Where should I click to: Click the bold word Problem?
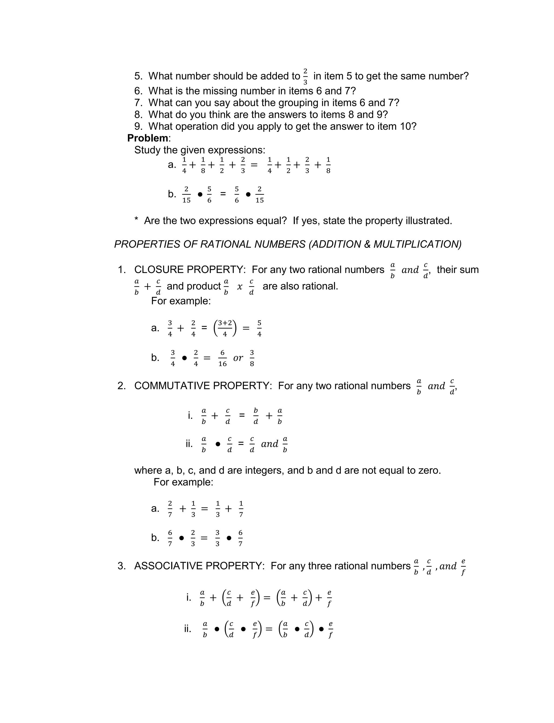[147, 138]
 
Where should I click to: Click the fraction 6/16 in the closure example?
[222, 358]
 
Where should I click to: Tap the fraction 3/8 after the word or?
[252, 358]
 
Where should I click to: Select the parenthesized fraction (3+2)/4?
[225, 328]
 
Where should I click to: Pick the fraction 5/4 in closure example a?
[259, 328]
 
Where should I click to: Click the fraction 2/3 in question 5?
[305, 76]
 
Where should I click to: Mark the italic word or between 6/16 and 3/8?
[238, 358]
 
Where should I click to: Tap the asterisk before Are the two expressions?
[136, 220]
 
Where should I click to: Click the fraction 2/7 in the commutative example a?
[170, 509]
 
